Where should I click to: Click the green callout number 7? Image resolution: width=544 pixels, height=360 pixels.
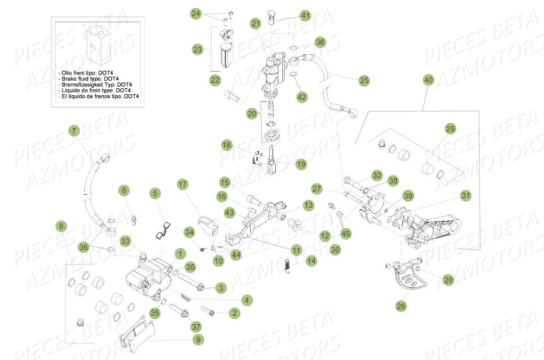[x=74, y=131]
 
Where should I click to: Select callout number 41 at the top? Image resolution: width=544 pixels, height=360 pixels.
[x=306, y=16]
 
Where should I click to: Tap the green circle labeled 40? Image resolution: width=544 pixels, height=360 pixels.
[x=428, y=80]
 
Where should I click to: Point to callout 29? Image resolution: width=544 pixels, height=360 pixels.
[x=450, y=129]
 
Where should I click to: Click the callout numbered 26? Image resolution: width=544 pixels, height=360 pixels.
[x=401, y=306]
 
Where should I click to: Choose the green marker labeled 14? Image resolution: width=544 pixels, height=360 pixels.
[x=312, y=261]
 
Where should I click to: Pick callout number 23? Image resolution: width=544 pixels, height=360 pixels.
[x=197, y=49]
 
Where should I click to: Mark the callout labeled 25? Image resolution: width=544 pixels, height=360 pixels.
[x=364, y=80]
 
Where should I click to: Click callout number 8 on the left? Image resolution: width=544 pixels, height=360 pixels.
[x=61, y=226]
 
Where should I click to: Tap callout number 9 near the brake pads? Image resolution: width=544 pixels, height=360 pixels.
[x=198, y=340]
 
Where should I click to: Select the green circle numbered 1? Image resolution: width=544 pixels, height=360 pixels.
[x=178, y=253]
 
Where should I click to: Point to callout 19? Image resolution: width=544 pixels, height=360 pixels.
[x=300, y=164]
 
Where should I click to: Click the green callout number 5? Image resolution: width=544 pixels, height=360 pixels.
[x=155, y=193]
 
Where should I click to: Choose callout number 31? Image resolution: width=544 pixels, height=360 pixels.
[x=465, y=196]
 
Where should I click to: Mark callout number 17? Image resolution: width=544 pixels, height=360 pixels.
[x=182, y=185]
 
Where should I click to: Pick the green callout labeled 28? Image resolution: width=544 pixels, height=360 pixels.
[x=448, y=280]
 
